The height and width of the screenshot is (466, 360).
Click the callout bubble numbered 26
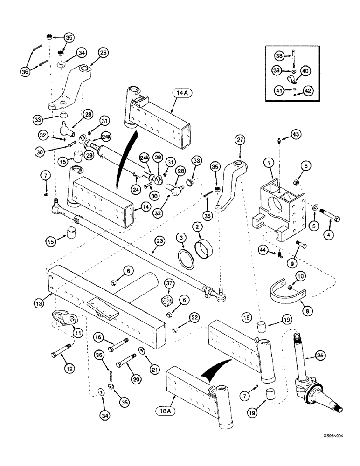(103, 53)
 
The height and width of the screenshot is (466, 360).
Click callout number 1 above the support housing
(270, 163)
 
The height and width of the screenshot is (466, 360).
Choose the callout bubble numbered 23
(160, 242)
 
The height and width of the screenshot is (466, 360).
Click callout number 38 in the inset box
(278, 55)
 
